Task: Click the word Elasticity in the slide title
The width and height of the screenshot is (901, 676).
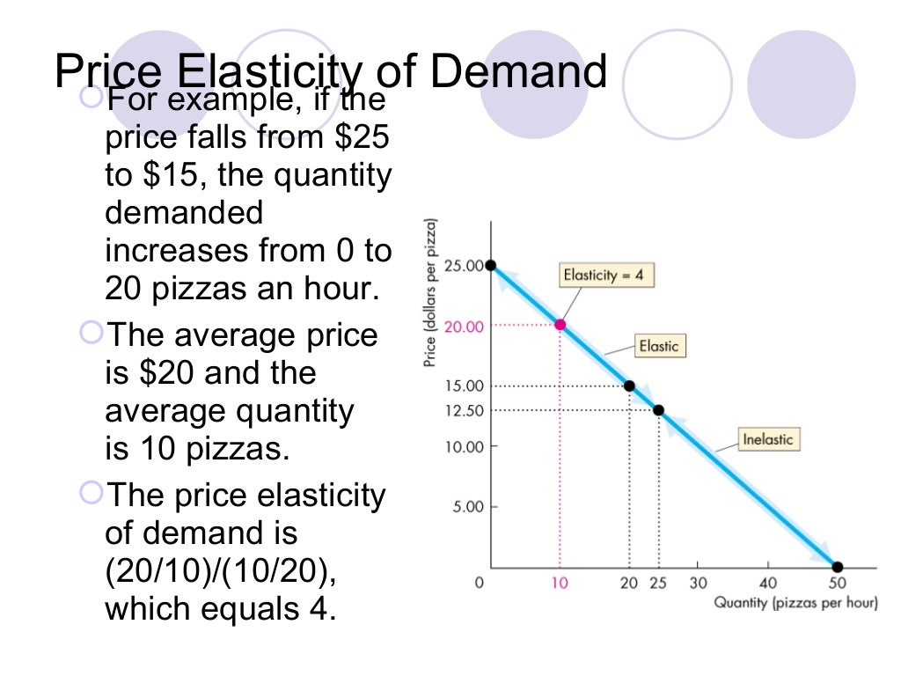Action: pos(267,72)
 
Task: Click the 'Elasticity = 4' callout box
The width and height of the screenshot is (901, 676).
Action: pos(604,276)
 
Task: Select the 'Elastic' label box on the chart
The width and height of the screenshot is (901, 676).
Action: pos(659,346)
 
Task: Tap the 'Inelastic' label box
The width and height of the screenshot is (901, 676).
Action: pos(768,438)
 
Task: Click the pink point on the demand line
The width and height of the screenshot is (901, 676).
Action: pos(560,325)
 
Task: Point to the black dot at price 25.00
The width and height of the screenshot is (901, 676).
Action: pos(490,265)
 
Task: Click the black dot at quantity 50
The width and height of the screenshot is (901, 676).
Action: pos(837,567)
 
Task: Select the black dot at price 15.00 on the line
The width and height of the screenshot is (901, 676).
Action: pos(629,386)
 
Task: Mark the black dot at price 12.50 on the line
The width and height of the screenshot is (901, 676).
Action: pos(658,410)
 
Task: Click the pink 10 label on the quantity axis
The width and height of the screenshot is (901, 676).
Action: pos(560,584)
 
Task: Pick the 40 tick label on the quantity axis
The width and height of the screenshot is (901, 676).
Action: pos(767,584)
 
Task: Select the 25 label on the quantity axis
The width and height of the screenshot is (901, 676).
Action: pos(658,584)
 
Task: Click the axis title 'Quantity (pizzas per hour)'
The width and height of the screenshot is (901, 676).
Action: pos(795,603)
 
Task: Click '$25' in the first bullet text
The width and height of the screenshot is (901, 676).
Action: pos(360,137)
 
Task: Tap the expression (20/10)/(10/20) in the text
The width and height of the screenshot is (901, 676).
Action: pos(220,571)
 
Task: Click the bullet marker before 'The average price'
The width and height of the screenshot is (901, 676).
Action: pos(90,333)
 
